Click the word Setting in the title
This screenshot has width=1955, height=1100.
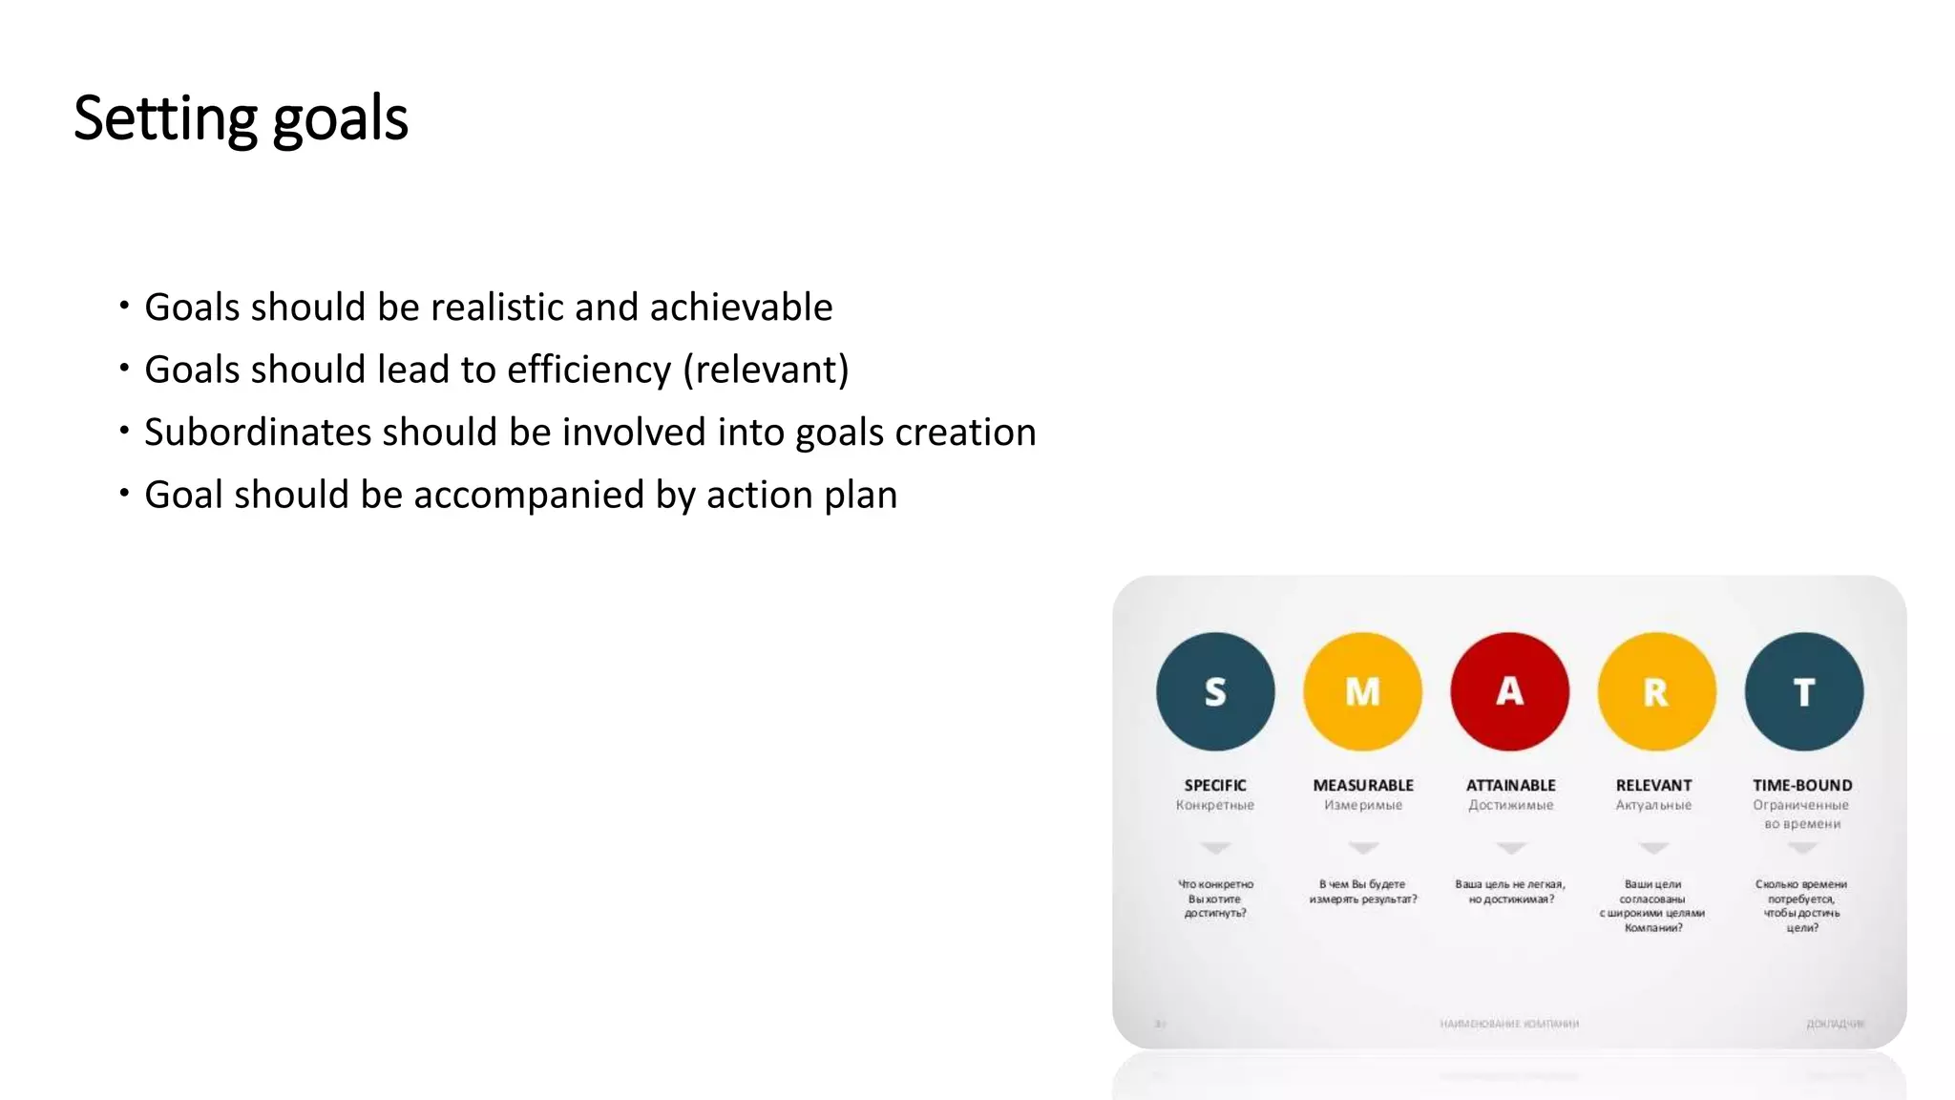click(x=165, y=118)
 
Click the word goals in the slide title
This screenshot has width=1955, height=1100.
click(x=340, y=120)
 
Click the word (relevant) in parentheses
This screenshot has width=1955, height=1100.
click(x=766, y=370)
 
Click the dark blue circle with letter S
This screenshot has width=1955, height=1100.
click(x=1215, y=691)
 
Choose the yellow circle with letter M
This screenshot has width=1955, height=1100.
click(x=1362, y=691)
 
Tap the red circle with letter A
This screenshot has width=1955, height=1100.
click(x=1509, y=691)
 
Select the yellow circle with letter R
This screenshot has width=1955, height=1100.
click(x=1656, y=691)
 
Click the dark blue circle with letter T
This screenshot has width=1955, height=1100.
click(x=1803, y=691)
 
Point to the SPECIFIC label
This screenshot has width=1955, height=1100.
click(x=1215, y=785)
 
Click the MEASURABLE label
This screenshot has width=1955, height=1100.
click(x=1363, y=785)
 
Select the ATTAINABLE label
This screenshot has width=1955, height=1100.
click(x=1510, y=785)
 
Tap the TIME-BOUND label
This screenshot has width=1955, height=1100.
click(x=1802, y=785)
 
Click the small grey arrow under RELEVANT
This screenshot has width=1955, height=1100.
click(x=1653, y=848)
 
